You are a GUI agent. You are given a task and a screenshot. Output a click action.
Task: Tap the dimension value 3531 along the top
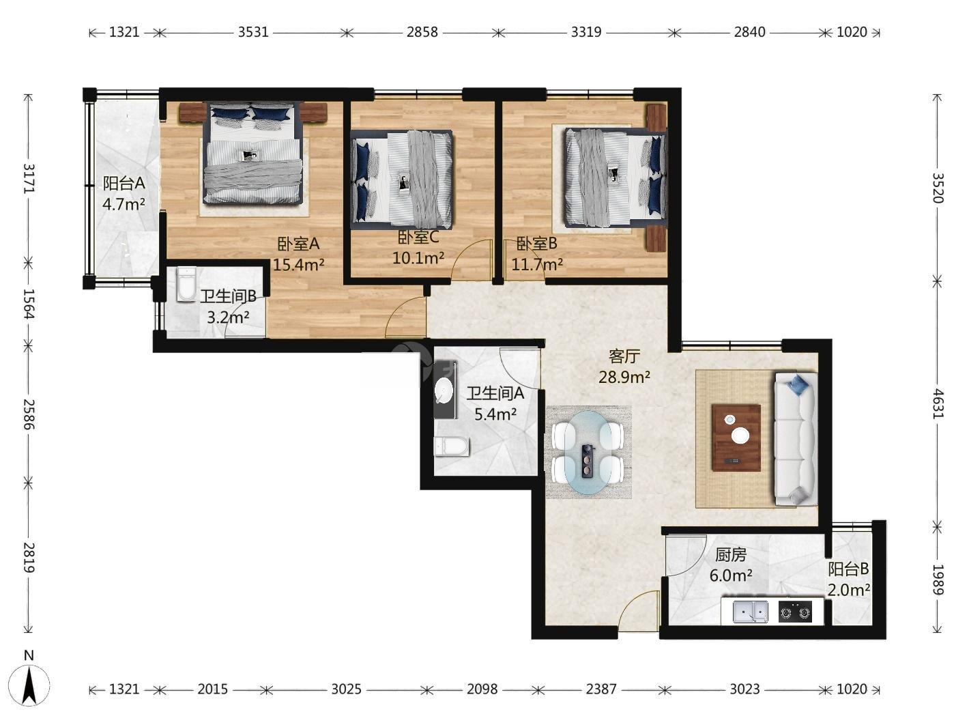253,32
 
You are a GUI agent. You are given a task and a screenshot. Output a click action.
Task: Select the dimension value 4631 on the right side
937,404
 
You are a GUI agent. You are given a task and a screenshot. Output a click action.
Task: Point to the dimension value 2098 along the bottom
482,689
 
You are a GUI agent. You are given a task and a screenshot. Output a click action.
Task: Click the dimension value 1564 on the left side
28,304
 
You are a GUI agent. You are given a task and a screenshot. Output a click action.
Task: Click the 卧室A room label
298,244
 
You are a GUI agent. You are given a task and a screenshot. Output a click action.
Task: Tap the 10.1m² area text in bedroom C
418,258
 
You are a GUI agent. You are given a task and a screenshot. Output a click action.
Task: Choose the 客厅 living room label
624,356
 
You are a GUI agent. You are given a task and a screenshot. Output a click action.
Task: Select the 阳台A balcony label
124,183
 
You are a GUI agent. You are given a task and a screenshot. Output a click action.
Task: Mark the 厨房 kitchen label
731,555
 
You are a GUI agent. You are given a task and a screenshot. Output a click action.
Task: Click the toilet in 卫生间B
186,284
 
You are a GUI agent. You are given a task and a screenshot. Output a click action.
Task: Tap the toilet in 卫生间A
452,446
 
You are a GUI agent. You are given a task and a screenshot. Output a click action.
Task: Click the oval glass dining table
588,452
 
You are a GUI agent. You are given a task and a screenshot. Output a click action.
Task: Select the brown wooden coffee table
736,438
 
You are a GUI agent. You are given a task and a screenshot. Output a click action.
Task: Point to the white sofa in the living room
796,438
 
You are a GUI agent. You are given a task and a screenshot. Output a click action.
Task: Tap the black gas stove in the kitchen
795,612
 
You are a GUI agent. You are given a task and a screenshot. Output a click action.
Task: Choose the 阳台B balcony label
848,569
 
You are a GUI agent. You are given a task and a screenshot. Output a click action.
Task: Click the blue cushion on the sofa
798,384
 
